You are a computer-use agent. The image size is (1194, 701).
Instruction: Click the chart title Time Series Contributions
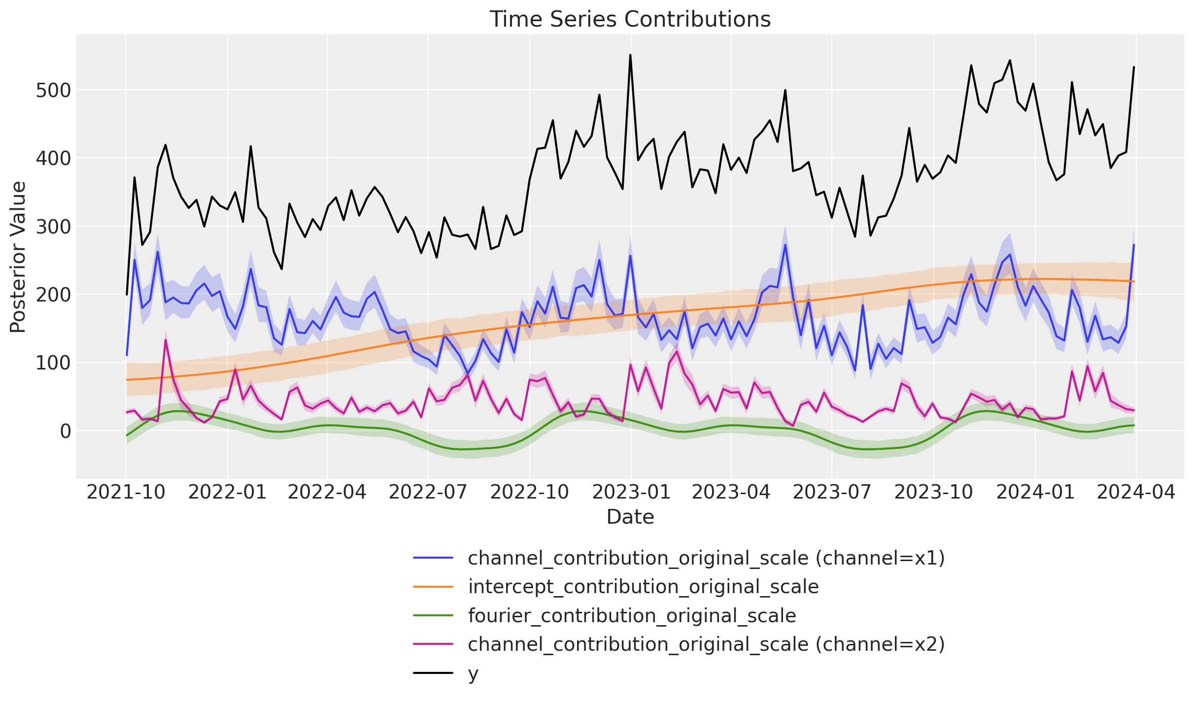630,20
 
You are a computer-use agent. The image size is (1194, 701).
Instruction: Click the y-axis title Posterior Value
18,257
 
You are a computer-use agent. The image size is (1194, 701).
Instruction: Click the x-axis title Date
630,517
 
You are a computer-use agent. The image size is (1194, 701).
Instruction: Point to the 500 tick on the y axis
54,91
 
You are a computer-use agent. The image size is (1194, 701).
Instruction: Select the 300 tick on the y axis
54,227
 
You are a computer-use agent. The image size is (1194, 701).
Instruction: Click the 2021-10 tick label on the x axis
126,492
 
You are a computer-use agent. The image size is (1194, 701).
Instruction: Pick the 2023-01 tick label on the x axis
631,492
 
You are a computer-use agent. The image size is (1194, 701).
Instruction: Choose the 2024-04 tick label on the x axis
1136,492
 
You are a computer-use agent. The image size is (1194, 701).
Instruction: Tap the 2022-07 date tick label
428,492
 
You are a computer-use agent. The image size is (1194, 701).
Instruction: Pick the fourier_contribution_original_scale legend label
632,616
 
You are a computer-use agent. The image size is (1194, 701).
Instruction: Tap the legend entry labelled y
473,674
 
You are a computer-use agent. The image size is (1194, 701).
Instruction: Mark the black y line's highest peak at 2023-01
630,55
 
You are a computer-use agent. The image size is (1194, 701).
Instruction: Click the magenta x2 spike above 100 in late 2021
165,339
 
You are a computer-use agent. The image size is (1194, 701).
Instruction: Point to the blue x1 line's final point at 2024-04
1134,245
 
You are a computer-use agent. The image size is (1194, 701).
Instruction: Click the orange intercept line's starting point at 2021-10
127,380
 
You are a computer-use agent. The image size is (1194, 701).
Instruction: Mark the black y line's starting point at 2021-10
127,295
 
